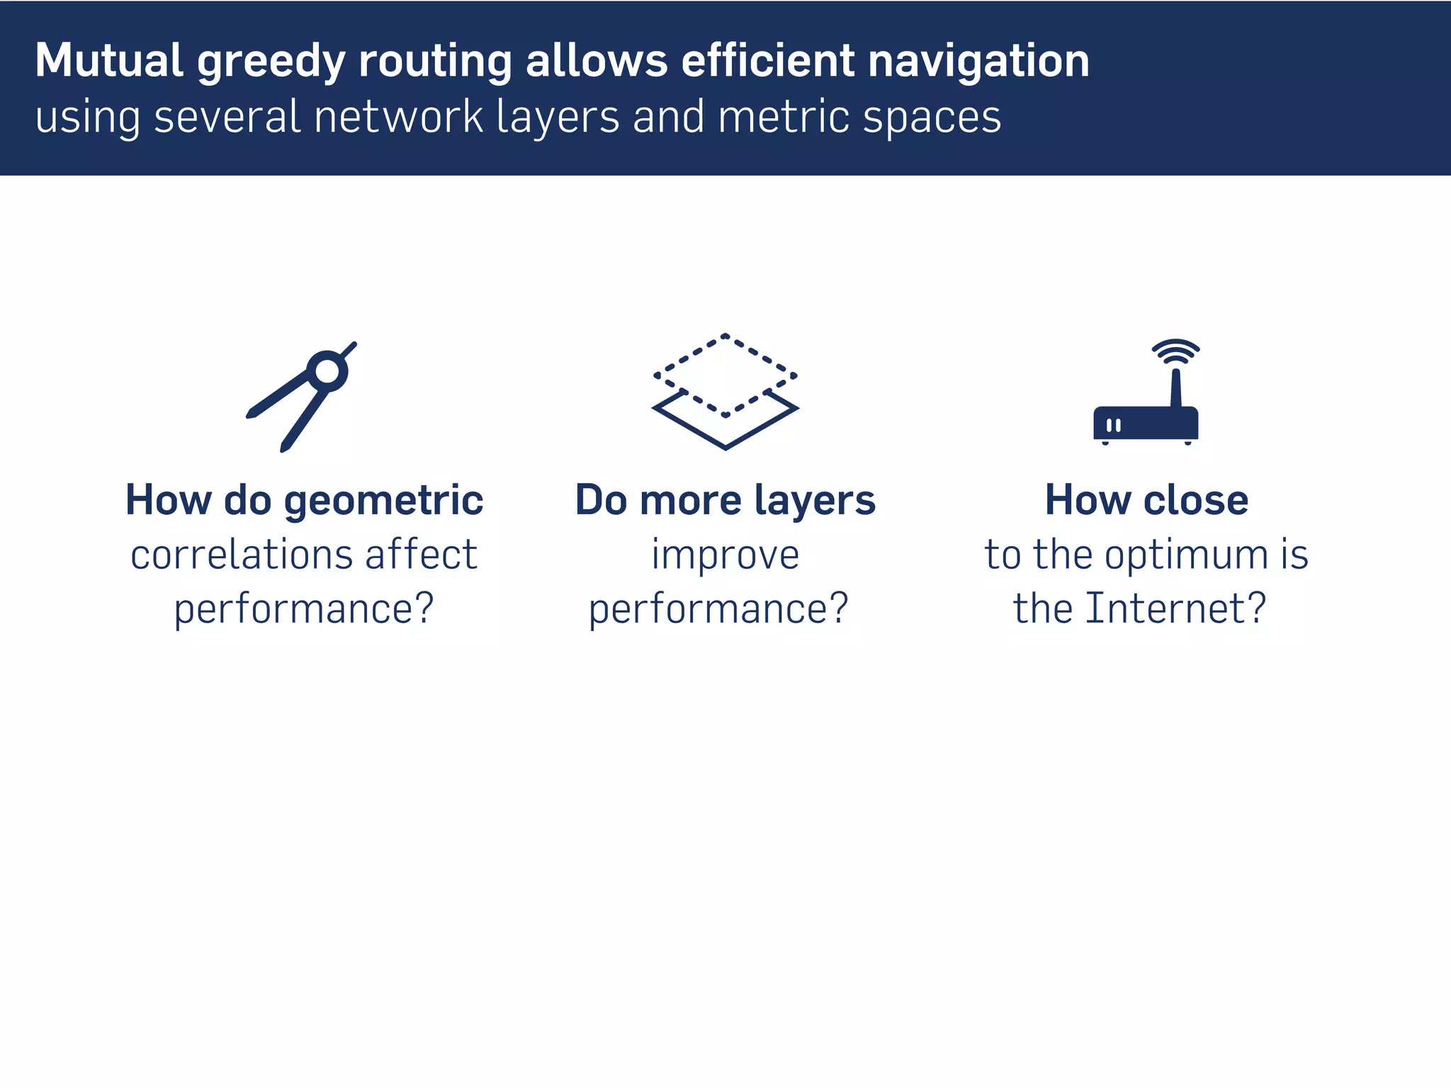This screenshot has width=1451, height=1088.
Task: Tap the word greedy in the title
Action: coord(271,62)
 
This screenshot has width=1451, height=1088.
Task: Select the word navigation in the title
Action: coord(978,62)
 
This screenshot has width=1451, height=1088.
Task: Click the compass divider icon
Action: coord(301,397)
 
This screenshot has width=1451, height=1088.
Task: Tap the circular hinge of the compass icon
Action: coord(327,370)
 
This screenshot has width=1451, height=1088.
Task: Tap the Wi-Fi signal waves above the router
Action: coord(1175,351)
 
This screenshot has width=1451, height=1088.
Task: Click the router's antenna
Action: coord(1176,388)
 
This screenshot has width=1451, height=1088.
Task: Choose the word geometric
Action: coord(383,501)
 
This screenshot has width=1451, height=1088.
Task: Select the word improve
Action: coord(725,555)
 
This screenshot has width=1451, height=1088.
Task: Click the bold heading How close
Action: coord(1146,500)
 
